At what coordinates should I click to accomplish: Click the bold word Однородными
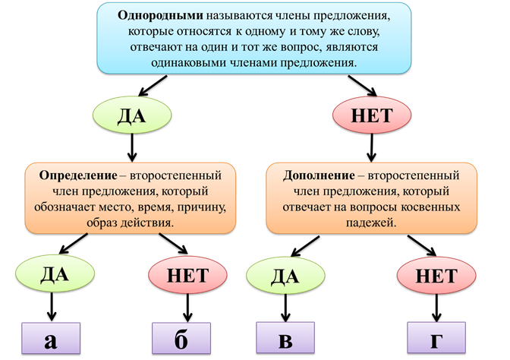tap(157, 16)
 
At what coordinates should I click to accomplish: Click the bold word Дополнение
tap(314, 173)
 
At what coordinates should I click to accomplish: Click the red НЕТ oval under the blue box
tap(372, 115)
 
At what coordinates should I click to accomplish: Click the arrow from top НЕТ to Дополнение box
tap(372, 147)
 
